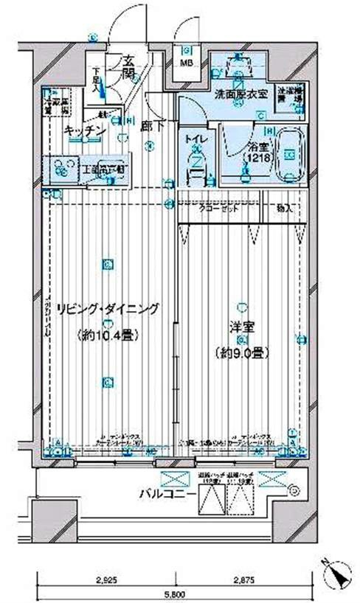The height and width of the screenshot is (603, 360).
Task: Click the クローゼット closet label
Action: click(x=219, y=209)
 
